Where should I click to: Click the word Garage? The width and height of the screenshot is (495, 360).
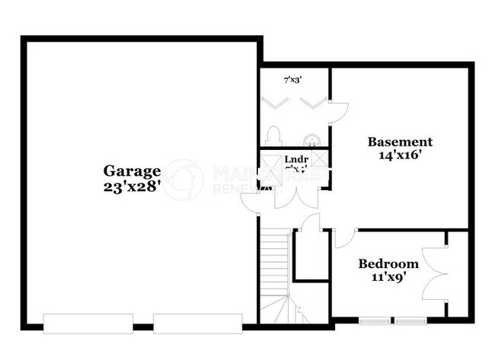pos(133,171)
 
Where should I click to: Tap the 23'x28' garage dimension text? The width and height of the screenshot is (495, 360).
pos(133,186)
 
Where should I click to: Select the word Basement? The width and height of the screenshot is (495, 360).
pos(400,142)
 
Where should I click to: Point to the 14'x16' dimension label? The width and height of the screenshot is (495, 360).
pos(400,155)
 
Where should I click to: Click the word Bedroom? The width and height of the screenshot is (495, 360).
pos(388,264)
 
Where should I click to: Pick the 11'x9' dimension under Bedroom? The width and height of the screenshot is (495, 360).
pos(388,278)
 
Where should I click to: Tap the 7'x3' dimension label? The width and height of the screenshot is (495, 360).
pos(293,79)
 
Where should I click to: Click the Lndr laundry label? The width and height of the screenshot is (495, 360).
pos(295,160)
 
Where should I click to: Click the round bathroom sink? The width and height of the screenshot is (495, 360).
pos(311,139)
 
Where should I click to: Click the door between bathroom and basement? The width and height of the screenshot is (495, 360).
pos(337,112)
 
